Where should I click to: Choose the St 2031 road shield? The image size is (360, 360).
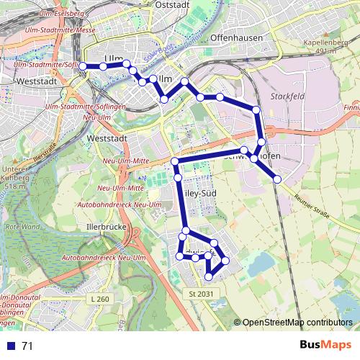[202, 294]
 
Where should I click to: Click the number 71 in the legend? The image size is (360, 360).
[27, 346]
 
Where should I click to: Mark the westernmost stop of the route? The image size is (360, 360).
[83, 66]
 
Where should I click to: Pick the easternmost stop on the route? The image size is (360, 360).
[277, 179]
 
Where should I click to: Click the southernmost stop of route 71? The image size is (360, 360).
[210, 276]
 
